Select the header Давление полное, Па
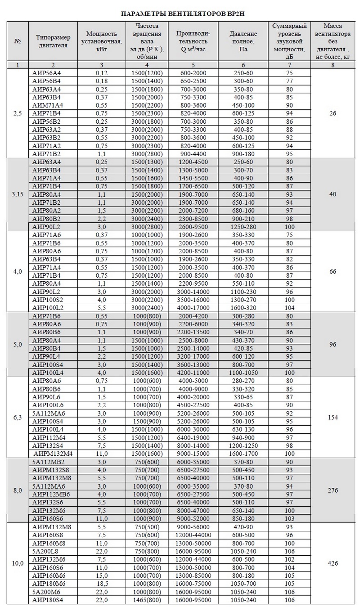point(243,41)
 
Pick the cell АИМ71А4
point(47,105)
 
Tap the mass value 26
point(333,113)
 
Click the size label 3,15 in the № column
point(18,194)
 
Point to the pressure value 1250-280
point(243,227)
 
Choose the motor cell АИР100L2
point(48,308)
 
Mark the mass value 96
point(333,344)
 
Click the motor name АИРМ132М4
point(52,454)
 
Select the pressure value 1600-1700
point(243,454)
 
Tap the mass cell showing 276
point(333,490)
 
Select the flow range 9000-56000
point(196,526)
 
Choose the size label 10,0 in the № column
point(18,563)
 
